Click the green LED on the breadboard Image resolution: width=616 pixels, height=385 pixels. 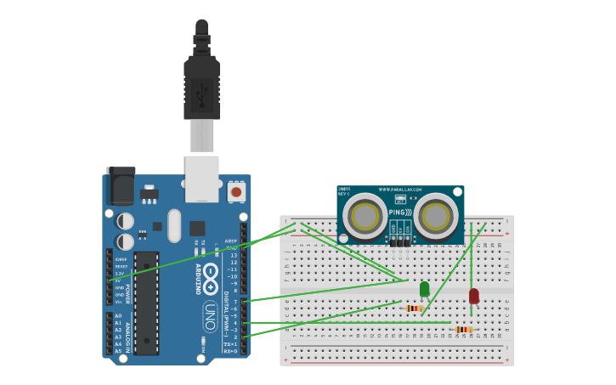424,289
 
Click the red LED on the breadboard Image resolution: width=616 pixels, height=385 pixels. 473,296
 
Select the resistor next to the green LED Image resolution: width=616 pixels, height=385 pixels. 414,308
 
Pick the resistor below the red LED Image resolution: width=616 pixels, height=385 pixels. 463,329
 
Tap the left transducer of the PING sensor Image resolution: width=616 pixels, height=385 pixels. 366,216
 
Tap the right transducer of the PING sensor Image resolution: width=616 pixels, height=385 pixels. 436,216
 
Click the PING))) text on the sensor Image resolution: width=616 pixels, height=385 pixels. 400,212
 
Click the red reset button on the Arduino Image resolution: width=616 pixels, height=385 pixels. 236,192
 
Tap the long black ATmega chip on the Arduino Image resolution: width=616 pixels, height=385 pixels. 146,303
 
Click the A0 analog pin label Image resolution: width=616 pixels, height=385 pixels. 118,315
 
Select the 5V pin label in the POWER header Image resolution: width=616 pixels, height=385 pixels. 118,280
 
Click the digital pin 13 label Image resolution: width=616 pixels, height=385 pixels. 234,255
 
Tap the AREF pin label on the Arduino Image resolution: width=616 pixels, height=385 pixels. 231,241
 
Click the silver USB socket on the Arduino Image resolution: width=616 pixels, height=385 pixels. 202,178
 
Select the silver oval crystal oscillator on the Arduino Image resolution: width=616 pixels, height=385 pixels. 174,225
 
